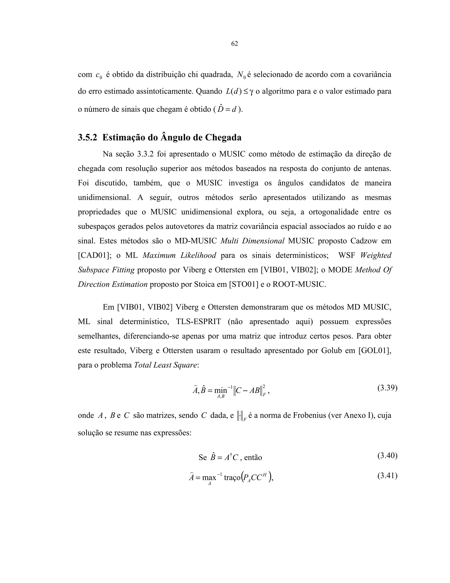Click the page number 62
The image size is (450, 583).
click(234, 44)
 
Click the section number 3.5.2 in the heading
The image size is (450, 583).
click(87, 137)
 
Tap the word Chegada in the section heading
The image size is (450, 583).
click(223, 137)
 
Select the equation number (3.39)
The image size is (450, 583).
click(387, 388)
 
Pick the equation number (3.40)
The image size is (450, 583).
click(387, 455)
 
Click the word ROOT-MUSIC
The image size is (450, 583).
click(299, 284)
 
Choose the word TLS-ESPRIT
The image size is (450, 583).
click(198, 322)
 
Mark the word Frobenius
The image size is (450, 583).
click(310, 415)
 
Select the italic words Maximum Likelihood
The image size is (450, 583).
click(179, 255)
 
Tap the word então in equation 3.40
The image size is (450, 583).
click(253, 458)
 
